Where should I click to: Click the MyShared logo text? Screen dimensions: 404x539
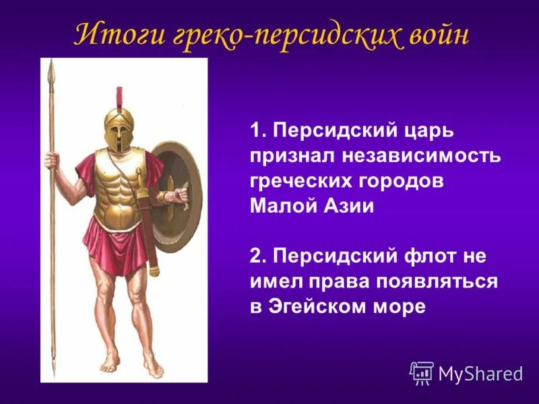480,373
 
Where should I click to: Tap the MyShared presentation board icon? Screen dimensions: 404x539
422,372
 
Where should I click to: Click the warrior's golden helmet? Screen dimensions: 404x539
119,129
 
